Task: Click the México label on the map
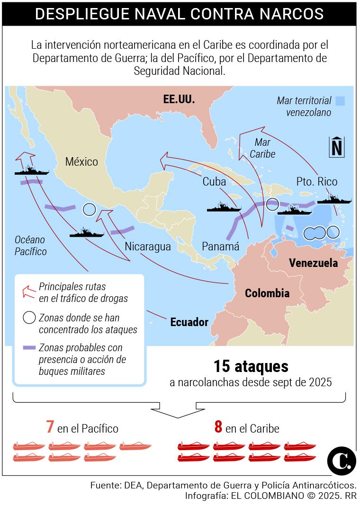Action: pyautogui.click(x=81, y=162)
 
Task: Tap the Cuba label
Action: pyautogui.click(x=214, y=181)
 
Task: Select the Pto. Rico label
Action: pyautogui.click(x=317, y=181)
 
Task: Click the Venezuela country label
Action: pyautogui.click(x=313, y=263)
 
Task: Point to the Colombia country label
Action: pyautogui.click(x=267, y=293)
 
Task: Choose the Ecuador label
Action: pyautogui.click(x=189, y=322)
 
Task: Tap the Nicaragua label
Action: pyautogui.click(x=147, y=246)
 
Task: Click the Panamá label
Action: pyautogui.click(x=220, y=246)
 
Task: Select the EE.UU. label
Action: pyautogui.click(x=179, y=99)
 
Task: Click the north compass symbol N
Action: pyautogui.click(x=337, y=147)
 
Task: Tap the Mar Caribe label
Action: pyautogui.click(x=262, y=148)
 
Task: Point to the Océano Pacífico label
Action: pyautogui.click(x=30, y=245)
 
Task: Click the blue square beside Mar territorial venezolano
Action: pyautogui.click(x=340, y=101)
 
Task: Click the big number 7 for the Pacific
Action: pyautogui.click(x=49, y=427)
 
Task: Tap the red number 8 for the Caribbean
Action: pyautogui.click(x=218, y=427)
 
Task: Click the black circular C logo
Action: pyautogui.click(x=342, y=459)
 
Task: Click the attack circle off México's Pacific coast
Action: pyautogui.click(x=89, y=209)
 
